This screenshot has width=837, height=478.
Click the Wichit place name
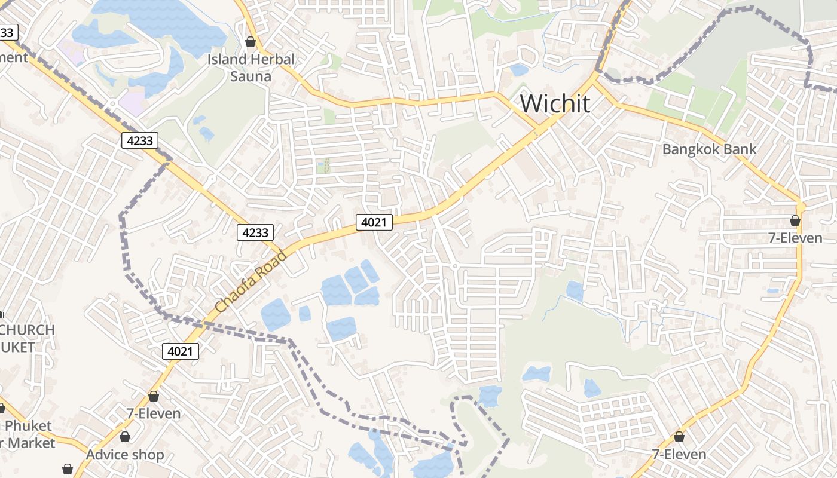coord(555,103)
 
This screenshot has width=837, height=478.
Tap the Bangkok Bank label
coord(709,149)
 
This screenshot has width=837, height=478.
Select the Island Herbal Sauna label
coord(251,68)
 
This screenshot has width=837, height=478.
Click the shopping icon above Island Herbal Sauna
coord(251,42)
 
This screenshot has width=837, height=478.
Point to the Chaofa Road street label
coord(251,281)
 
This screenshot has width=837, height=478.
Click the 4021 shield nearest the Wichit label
coord(374,222)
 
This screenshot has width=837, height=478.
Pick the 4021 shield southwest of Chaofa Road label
coord(181,351)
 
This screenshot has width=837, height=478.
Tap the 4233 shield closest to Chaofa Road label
coord(255,232)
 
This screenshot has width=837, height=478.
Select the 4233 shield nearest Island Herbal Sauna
coord(140,141)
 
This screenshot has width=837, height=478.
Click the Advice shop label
coord(125,455)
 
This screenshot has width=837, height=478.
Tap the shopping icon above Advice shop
coord(125,437)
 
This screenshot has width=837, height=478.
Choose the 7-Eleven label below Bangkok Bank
coord(795,238)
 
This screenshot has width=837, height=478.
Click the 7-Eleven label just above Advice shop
coord(154,413)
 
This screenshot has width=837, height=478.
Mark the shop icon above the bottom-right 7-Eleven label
coord(679,437)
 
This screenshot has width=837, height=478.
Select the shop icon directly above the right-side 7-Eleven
coord(795,220)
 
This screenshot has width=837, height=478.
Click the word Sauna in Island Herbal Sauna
coord(251,76)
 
